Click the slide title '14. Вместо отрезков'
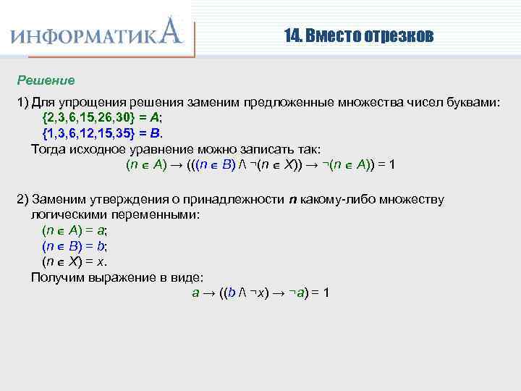pos(359,35)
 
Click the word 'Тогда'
pos(48,148)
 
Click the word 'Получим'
pos(55,277)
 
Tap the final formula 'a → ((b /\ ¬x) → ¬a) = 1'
pos(260,293)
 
